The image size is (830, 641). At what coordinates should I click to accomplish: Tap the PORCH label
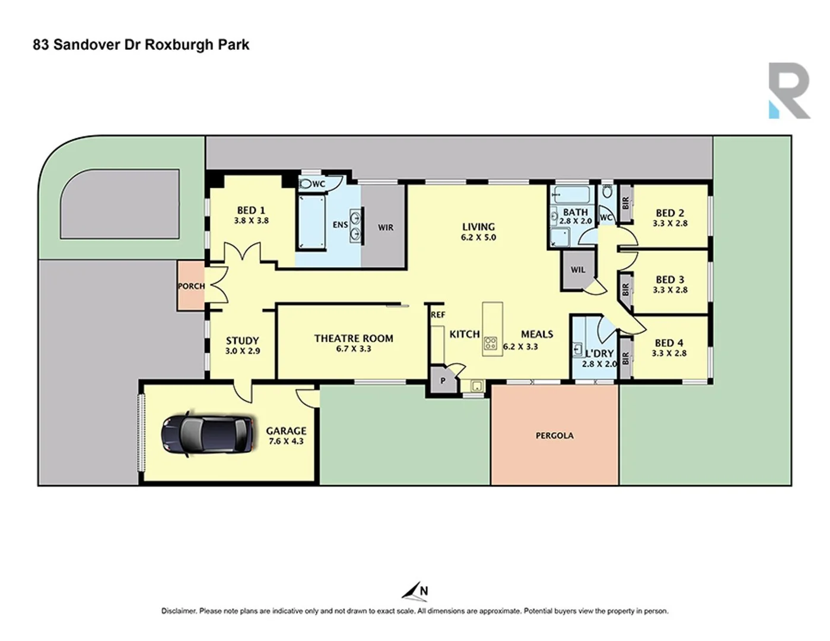click(x=191, y=286)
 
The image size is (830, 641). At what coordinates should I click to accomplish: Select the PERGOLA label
click(x=554, y=436)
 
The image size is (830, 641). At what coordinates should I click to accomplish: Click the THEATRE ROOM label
click(x=354, y=338)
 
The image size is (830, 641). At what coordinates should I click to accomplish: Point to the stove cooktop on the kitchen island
click(x=491, y=343)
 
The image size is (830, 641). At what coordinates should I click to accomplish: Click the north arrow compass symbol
click(x=415, y=591)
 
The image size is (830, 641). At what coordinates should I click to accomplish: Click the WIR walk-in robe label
click(x=386, y=227)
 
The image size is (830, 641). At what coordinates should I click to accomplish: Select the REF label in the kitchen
click(x=438, y=315)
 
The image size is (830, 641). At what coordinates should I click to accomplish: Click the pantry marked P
click(x=443, y=381)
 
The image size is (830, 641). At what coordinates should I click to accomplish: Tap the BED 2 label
click(x=670, y=213)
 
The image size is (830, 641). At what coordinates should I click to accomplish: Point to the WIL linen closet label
click(x=578, y=269)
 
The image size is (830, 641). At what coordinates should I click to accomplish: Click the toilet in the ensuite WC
click(x=306, y=184)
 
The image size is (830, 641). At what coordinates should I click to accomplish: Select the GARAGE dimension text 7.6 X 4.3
click(x=286, y=442)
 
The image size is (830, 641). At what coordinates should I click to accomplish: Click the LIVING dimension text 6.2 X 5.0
click(x=478, y=237)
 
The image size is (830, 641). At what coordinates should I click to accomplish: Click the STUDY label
click(x=242, y=341)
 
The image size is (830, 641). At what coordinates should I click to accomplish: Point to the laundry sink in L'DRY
click(x=578, y=350)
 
